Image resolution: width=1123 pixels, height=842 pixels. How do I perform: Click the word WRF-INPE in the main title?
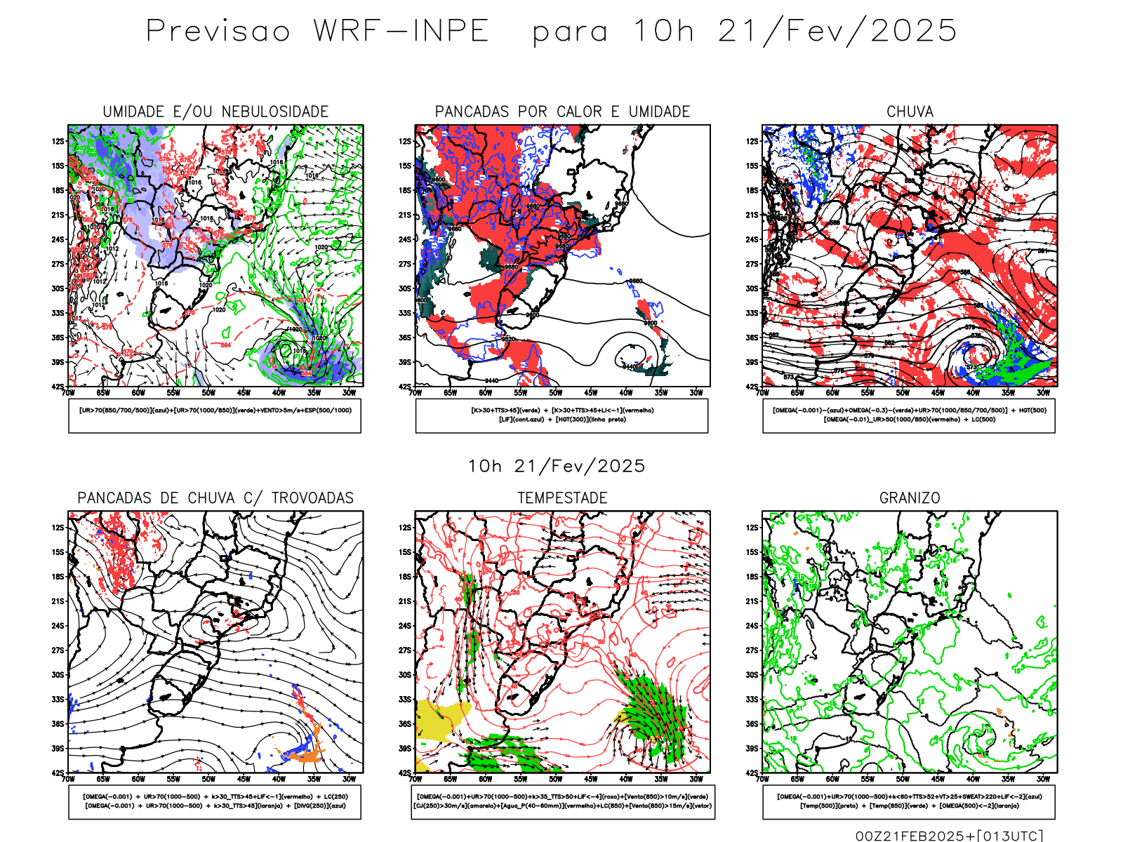point(401,32)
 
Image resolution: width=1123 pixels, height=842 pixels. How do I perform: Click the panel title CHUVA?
point(910,112)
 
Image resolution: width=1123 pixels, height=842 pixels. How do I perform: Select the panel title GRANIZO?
point(910,498)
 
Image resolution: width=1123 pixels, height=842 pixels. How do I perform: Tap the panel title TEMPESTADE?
point(562,498)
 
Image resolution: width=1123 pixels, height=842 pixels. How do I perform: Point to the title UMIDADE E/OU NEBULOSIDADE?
point(215,112)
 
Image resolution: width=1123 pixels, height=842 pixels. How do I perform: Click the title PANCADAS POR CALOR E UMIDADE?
point(562,112)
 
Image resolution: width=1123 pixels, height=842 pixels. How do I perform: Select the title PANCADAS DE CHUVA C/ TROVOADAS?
point(215,498)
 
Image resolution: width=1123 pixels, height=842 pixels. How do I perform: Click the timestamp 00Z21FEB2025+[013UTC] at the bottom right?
point(949,836)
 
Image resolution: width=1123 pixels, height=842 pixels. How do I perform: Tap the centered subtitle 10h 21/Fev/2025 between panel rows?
point(557,466)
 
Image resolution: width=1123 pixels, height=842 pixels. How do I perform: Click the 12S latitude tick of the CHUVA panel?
point(752,142)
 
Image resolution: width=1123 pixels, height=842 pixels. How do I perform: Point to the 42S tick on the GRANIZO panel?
point(752,773)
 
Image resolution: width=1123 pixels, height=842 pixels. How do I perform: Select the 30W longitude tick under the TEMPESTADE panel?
point(696,779)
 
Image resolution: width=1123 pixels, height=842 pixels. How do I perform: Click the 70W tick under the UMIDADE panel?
point(68,393)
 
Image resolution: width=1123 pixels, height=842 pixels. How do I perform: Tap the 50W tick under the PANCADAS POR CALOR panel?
point(555,393)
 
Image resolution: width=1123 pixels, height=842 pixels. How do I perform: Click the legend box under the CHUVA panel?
point(909,415)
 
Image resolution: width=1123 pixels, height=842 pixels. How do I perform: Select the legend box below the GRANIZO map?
point(909,801)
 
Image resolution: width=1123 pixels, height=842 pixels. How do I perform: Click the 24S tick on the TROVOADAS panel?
point(58,626)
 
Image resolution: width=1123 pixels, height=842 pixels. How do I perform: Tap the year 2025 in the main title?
point(914,32)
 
